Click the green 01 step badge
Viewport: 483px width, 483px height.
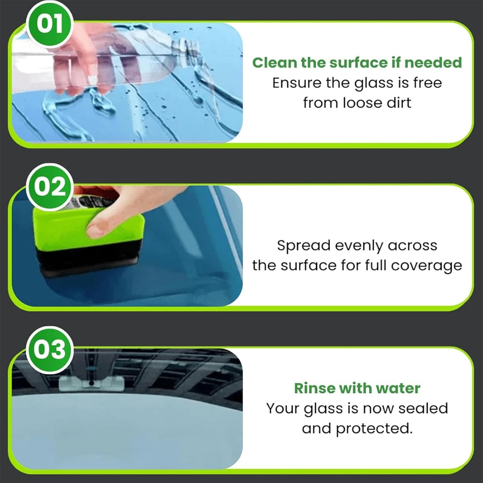tap(49, 24)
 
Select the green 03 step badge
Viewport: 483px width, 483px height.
tap(49, 350)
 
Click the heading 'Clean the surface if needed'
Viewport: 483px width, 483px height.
tap(357, 63)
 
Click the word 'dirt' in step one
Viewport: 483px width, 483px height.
tap(399, 103)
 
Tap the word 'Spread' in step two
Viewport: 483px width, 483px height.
tap(304, 246)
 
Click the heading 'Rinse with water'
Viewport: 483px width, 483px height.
tap(357, 388)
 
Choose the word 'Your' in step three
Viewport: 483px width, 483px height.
tap(283, 408)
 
